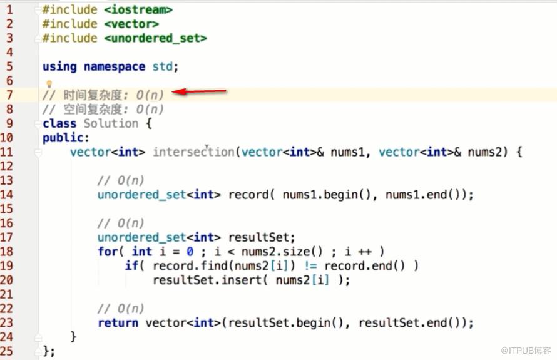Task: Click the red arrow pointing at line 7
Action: tap(199, 91)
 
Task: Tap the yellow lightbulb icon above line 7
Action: tap(49, 84)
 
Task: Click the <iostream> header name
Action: tap(138, 9)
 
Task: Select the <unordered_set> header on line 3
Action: tap(156, 38)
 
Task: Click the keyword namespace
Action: tap(115, 67)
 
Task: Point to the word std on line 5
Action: tap(163, 66)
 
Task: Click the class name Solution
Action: tap(111, 123)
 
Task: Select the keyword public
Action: tap(64, 138)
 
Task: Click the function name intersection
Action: tap(193, 152)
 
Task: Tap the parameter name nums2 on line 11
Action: tap(484, 152)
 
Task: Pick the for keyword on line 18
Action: tap(108, 251)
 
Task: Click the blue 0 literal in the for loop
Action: tap(190, 252)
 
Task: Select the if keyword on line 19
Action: tap(131, 265)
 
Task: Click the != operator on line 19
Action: tap(311, 266)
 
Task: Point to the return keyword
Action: tap(118, 322)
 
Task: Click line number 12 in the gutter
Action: tap(7, 166)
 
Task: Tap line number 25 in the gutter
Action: tap(7, 351)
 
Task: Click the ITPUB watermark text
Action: tap(526, 351)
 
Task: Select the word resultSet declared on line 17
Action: tap(258, 237)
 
